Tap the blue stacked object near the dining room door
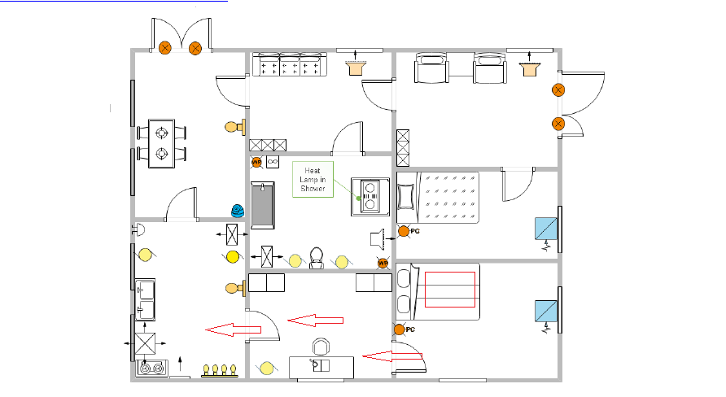pos(237,210)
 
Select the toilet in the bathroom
pos(317,257)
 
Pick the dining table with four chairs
pos(163,142)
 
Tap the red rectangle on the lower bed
pos(449,290)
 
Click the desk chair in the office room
pos(321,347)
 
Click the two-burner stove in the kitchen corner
pos(152,369)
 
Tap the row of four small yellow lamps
pos(219,370)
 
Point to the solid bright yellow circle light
pos(233,257)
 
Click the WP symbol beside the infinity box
pos(256,162)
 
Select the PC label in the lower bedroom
pos(411,329)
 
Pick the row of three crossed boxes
pos(268,145)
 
